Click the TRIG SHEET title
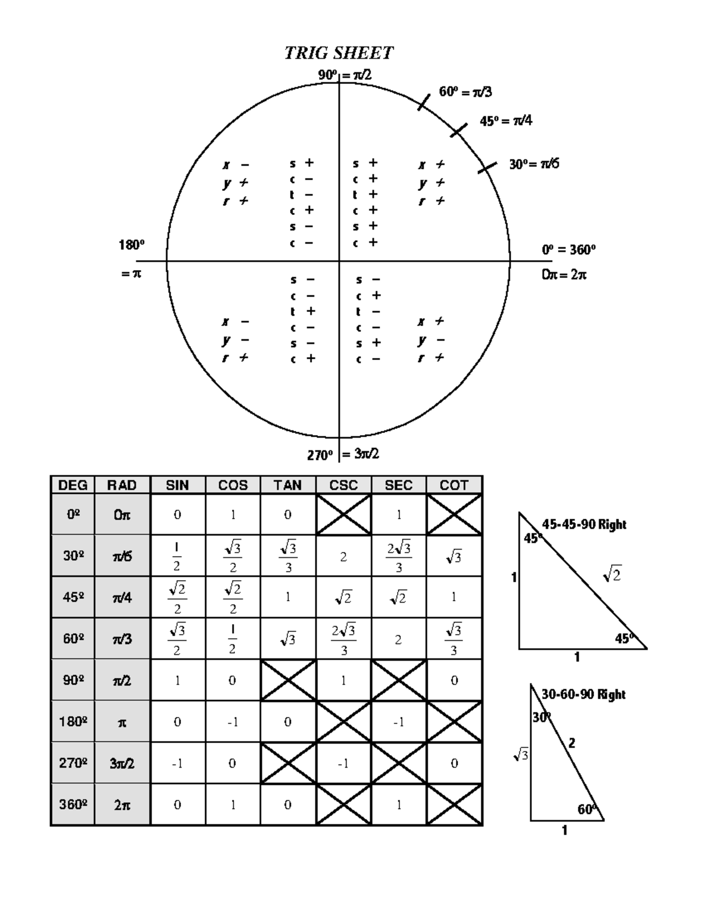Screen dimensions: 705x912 click(339, 53)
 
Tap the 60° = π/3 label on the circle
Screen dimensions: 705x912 click(465, 92)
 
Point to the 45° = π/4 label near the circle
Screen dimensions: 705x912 click(506, 121)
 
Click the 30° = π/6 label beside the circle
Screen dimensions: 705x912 click(534, 164)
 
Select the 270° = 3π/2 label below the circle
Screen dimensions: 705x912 click(343, 455)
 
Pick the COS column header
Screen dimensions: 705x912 click(233, 485)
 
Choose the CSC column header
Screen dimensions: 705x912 click(343, 485)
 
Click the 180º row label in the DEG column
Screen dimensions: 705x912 click(73, 722)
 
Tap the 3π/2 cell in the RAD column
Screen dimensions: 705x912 click(122, 763)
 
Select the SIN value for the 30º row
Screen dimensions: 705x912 click(177, 556)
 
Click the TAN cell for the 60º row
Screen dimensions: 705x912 click(287, 639)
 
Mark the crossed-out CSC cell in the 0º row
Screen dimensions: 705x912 click(343, 515)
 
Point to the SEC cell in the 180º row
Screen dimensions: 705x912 click(398, 722)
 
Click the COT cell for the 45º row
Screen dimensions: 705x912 click(454, 597)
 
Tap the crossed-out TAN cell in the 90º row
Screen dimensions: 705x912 click(288, 680)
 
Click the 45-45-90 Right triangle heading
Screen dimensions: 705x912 click(584, 524)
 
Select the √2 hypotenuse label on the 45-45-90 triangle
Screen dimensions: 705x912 click(612, 576)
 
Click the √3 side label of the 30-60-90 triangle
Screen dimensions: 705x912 click(521, 755)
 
